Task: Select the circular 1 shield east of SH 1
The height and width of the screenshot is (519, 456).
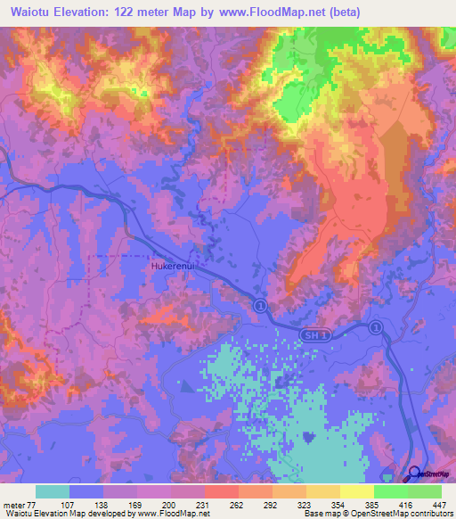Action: click(376, 327)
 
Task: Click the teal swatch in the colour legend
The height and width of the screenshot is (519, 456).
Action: click(53, 491)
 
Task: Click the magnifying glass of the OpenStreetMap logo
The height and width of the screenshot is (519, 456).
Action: click(415, 474)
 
